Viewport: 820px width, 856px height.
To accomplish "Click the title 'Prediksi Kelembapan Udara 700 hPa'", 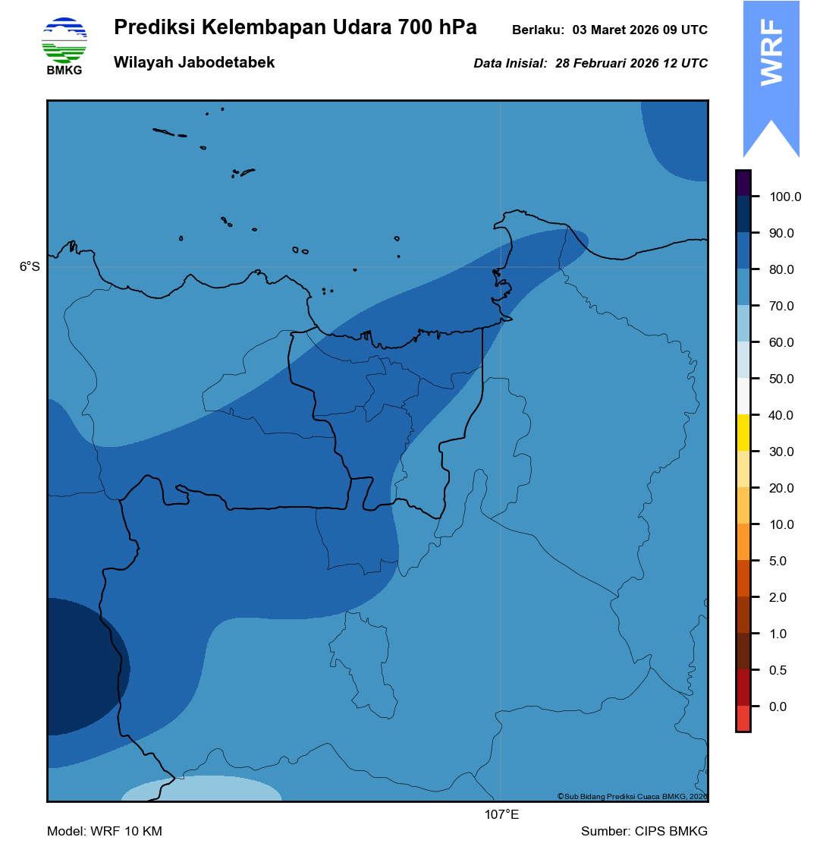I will click(x=295, y=28).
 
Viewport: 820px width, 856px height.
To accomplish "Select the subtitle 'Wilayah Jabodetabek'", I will click(x=194, y=63).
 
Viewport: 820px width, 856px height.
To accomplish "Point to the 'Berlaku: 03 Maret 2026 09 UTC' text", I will click(x=609, y=30).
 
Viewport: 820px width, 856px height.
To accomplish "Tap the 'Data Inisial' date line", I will click(x=590, y=64).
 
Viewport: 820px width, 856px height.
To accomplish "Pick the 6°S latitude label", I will click(x=30, y=267).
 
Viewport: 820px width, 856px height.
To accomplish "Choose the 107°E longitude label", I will click(x=501, y=815).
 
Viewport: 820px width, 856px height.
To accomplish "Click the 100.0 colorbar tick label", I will click(x=785, y=197).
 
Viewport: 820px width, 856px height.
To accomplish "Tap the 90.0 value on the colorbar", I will click(x=781, y=234).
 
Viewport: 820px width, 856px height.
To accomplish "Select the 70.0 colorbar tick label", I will click(x=781, y=307).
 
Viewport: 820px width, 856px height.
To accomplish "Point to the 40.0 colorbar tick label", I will click(x=781, y=416).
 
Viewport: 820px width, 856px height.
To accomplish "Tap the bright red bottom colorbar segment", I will click(x=743, y=719).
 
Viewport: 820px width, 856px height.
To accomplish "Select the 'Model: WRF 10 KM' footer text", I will click(x=105, y=832).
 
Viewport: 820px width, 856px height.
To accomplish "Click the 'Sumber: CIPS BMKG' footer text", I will click(x=644, y=832).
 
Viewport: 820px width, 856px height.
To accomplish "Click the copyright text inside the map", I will click(x=632, y=796).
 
